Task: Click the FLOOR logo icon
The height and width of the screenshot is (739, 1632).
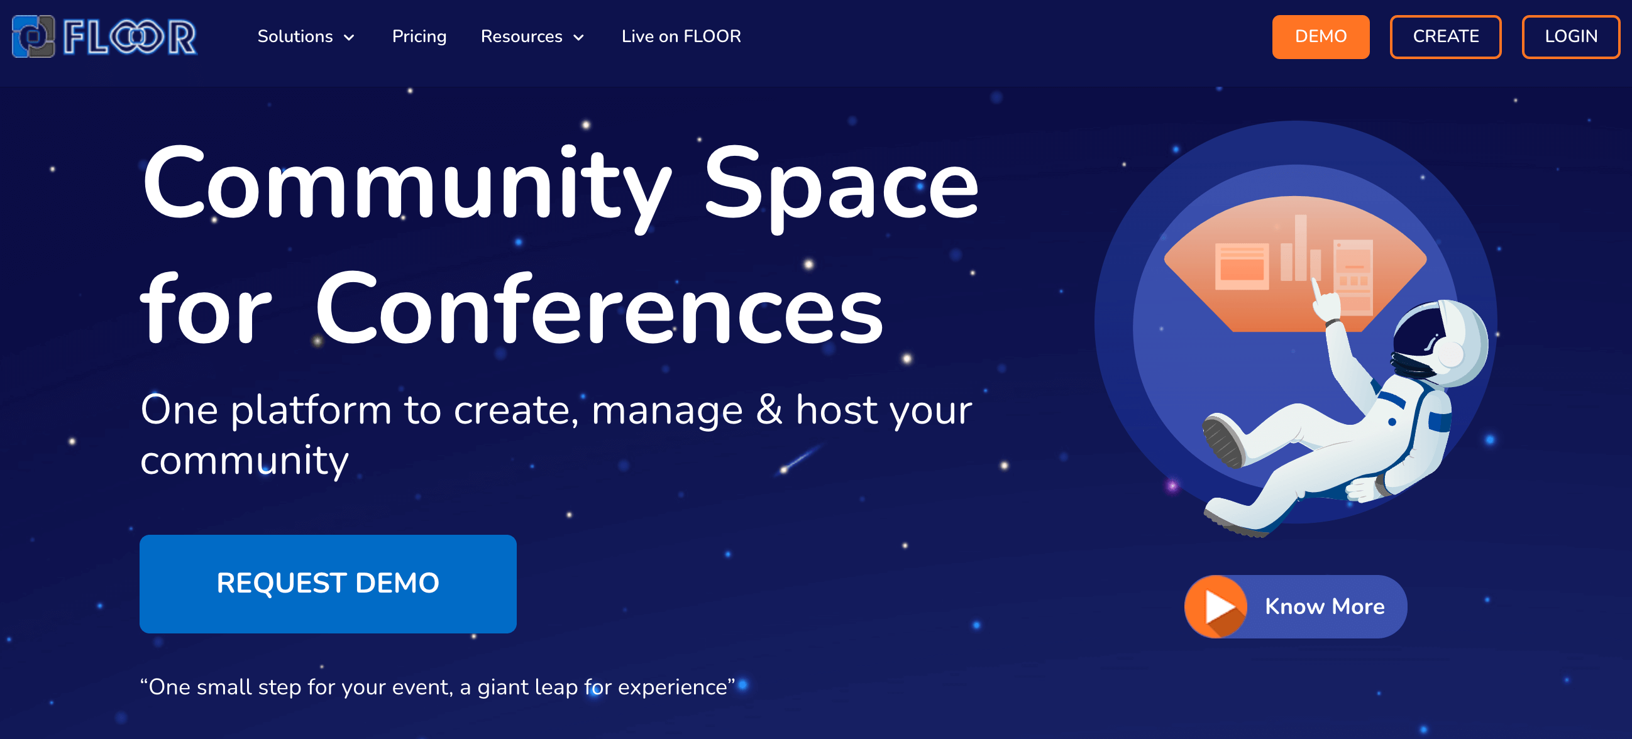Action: tap(33, 36)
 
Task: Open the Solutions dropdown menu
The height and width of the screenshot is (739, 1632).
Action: tap(306, 36)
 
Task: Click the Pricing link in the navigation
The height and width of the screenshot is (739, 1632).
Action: tap(419, 36)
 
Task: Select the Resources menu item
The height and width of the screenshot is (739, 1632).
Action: tap(533, 36)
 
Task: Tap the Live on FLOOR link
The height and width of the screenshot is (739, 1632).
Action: tap(681, 36)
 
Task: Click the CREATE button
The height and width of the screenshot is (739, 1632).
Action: tap(1446, 36)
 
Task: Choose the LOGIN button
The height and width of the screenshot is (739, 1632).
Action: tap(1571, 36)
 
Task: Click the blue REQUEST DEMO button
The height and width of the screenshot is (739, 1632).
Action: tap(328, 583)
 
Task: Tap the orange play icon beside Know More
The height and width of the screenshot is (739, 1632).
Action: tap(1216, 606)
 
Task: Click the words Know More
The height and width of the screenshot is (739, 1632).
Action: tap(1325, 606)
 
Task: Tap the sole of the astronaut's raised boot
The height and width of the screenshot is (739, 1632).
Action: tap(1221, 442)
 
